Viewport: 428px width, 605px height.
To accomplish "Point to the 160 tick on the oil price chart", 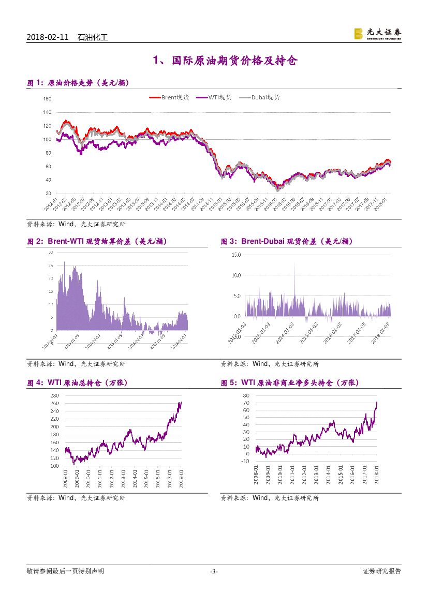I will coord(47,99).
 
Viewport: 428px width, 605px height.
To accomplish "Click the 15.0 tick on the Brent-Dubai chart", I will coord(236,255).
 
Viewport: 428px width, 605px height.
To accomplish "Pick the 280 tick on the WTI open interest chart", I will coord(54,395).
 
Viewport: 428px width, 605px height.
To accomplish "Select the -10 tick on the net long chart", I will coord(245,461).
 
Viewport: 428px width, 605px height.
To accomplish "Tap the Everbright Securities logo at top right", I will coord(377,34).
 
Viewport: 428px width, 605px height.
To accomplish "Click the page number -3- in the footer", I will coord(214,571).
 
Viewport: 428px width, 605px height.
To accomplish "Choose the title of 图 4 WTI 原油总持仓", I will coord(77,383).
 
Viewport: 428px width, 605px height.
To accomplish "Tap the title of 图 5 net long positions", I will coord(289,383).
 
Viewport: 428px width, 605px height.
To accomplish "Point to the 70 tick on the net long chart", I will coord(246,403).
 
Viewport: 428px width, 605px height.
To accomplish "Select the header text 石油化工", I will coord(92,37).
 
